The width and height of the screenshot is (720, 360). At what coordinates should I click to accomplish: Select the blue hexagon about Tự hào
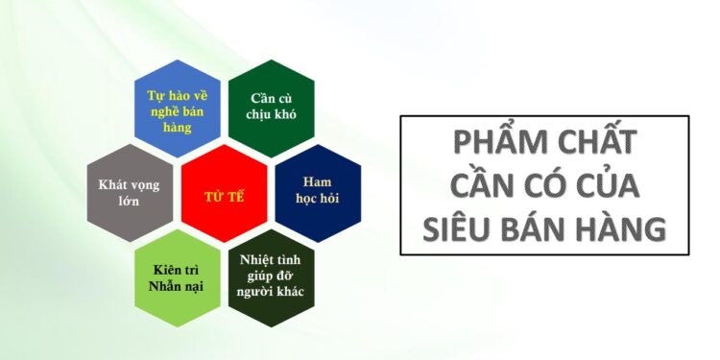pos(177,108)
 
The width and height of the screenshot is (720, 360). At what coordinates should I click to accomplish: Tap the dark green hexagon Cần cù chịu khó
pos(271,108)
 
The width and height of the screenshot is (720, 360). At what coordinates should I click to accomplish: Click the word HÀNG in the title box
pos(622,228)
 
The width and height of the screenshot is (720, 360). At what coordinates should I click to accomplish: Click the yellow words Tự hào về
pos(177,96)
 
